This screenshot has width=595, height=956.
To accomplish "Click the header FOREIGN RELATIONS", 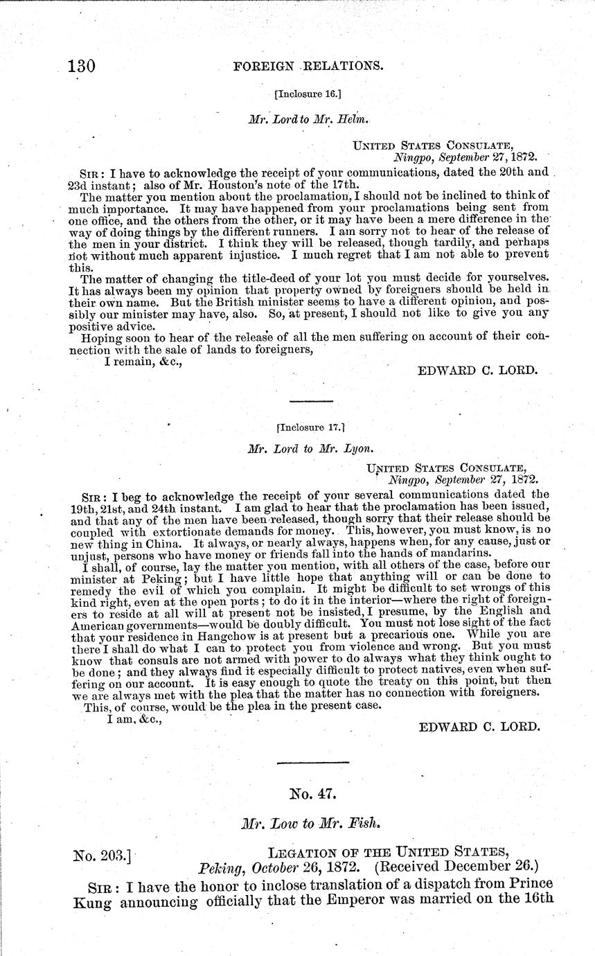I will pos(309,67).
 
